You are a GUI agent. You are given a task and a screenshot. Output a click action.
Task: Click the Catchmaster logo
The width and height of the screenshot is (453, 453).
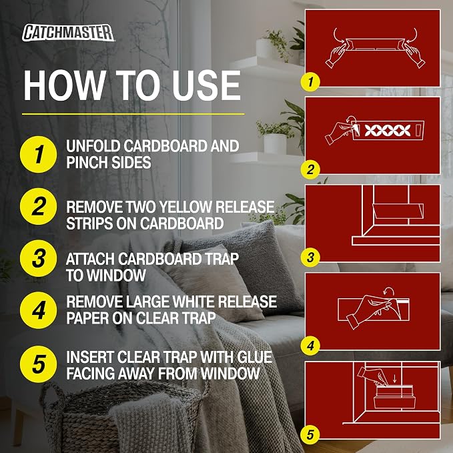pos(68,32)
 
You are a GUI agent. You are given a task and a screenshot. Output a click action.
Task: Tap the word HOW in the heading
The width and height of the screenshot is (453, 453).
pos(64,85)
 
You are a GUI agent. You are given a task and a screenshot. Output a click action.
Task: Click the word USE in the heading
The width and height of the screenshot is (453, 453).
pos(205,85)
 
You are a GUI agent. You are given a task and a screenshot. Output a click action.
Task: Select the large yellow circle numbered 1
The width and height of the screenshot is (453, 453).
pos(39,154)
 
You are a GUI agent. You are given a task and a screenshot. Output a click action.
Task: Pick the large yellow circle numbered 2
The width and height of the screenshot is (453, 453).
pos(39,206)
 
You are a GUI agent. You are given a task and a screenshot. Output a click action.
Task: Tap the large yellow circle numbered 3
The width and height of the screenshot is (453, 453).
pos(39,258)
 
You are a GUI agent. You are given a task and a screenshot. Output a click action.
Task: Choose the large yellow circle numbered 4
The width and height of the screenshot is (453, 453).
pos(39,310)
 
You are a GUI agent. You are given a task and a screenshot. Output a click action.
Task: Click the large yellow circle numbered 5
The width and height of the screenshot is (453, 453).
pos(39,364)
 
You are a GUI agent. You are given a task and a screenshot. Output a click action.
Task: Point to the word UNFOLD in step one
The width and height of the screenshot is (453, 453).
pos(93,146)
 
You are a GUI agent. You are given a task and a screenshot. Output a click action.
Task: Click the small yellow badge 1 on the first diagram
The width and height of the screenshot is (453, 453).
pos(310,82)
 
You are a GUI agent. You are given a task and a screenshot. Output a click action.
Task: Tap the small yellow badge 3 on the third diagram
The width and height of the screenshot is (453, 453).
pos(310,258)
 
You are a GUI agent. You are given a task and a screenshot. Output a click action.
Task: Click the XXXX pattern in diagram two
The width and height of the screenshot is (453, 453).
pos(387,131)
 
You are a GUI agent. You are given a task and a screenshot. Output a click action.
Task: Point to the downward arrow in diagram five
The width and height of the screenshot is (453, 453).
pos(395,380)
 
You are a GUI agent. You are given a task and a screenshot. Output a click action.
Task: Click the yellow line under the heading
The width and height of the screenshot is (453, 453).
pos(133,114)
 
